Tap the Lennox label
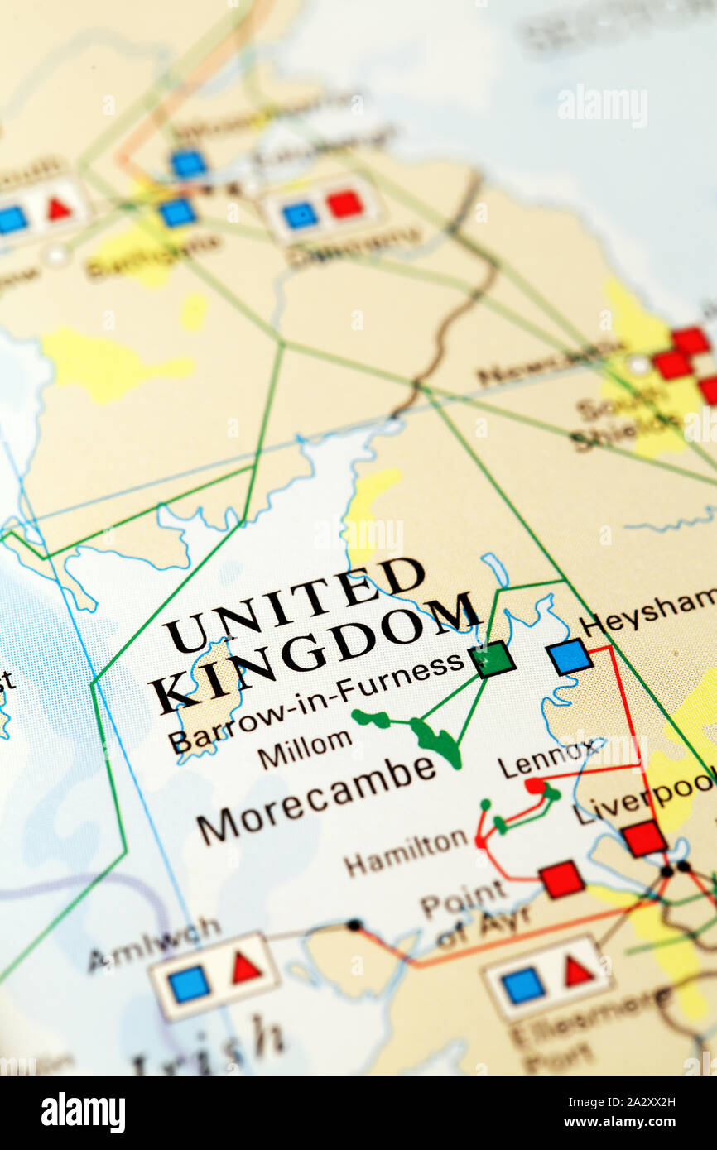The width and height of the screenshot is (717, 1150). click(546, 760)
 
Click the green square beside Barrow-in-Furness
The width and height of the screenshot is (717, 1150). click(492, 659)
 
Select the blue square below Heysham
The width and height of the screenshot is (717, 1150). click(570, 656)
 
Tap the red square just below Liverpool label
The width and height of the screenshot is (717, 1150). click(643, 838)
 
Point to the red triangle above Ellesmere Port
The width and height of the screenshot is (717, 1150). click(578, 971)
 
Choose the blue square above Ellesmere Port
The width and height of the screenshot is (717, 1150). click(523, 985)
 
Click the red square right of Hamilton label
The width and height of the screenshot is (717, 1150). click(561, 879)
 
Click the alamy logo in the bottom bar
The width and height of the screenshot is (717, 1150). click(83, 1112)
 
